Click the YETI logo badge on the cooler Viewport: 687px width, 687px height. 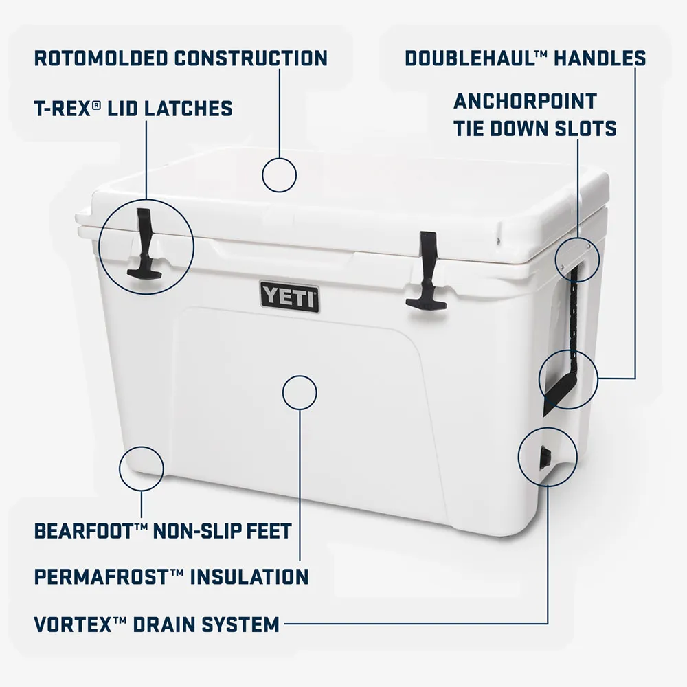[289, 297]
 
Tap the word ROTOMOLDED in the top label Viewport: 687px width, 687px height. [101, 58]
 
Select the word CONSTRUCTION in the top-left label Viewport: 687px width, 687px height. [251, 58]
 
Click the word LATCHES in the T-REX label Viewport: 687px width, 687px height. [189, 109]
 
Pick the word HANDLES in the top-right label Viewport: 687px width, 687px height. [600, 58]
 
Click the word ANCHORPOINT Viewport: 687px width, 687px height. [526, 101]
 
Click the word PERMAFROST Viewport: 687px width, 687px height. [102, 576]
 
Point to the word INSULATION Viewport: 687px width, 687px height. [249, 576]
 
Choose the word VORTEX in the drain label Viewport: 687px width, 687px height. [73, 624]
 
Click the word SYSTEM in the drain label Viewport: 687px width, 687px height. [240, 624]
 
